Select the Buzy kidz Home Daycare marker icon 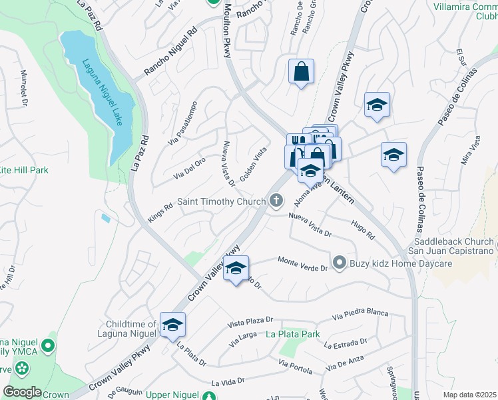coord(340,263)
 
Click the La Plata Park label coord(294,334)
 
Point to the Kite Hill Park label coord(24,170)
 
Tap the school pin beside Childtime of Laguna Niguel coord(172,325)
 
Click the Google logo coord(23,392)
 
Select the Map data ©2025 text coord(469,395)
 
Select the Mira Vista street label coord(471,153)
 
